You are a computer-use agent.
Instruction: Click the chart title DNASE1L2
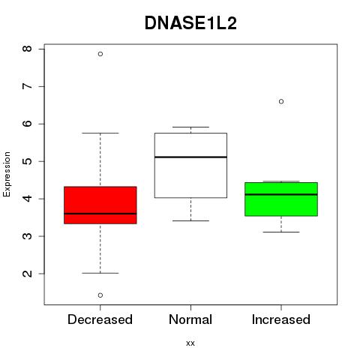coord(190,23)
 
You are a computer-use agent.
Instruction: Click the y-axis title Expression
coord(7,174)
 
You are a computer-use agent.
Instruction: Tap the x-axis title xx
coord(190,343)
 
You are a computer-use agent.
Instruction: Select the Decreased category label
coord(100,319)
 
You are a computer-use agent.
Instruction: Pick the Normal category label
coord(190,319)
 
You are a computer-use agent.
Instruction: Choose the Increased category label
coord(281,319)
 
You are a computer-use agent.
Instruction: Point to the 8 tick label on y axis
coord(27,49)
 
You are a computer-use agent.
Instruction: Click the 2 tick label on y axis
coord(27,274)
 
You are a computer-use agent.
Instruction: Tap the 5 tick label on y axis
coord(27,161)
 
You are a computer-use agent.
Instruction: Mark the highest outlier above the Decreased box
coord(100,54)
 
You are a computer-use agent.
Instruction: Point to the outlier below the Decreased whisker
coord(100,295)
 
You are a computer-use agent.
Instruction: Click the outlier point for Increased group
coord(281,101)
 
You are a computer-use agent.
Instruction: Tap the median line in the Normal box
coord(190,157)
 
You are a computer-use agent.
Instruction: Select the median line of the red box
coord(100,214)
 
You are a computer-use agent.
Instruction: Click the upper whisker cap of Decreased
coord(100,133)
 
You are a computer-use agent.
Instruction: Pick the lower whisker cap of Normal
coord(190,220)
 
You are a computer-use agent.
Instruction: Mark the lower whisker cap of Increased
coord(281,232)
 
